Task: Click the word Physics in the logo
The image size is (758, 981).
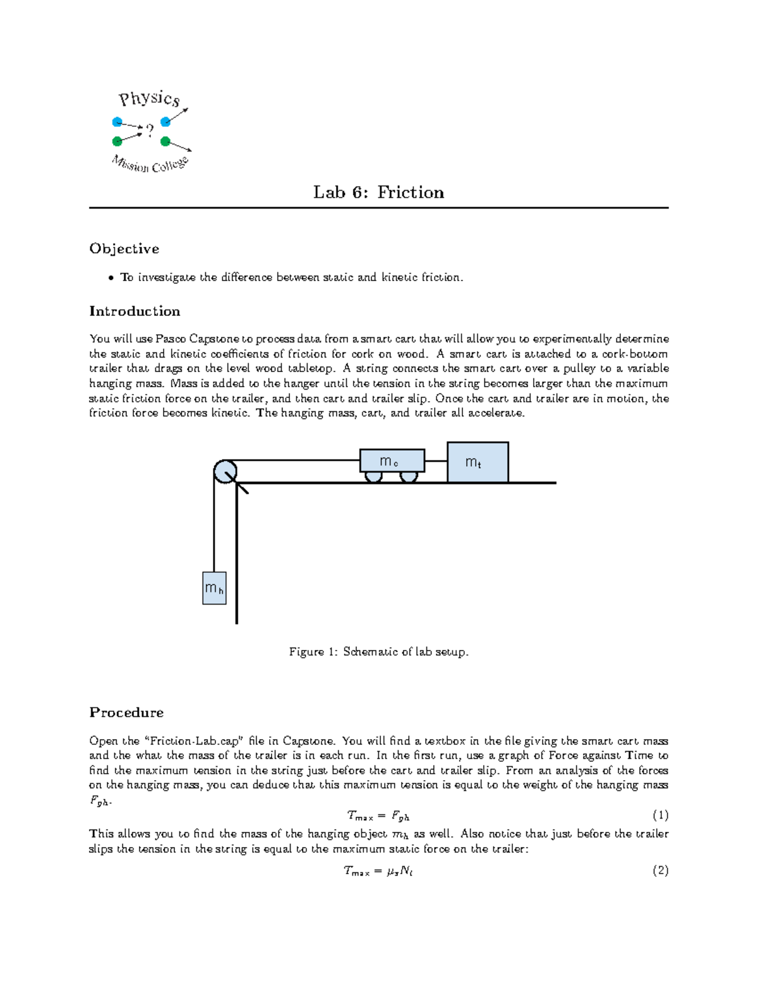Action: pos(150,99)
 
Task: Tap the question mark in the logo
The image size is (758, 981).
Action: pos(150,131)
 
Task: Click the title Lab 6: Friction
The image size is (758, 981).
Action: pos(378,192)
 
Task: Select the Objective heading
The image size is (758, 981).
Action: pos(124,249)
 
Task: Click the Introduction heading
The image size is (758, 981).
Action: pos(135,311)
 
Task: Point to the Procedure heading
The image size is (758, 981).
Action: pos(126,713)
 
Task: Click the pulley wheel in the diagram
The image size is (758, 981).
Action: pos(225,472)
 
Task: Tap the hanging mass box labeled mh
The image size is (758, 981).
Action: pos(214,588)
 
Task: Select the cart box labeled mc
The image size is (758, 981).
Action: pos(392,460)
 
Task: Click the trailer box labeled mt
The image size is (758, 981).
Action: pos(478,462)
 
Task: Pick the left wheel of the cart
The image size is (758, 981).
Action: pos(374,477)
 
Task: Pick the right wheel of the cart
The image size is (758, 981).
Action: pos(409,477)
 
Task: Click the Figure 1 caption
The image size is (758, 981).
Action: pos(379,652)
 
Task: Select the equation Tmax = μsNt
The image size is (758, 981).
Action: pos(378,871)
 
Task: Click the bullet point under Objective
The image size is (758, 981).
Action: pos(111,277)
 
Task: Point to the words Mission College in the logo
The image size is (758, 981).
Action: pos(150,165)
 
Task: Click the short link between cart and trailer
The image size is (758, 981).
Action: pos(436,461)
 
